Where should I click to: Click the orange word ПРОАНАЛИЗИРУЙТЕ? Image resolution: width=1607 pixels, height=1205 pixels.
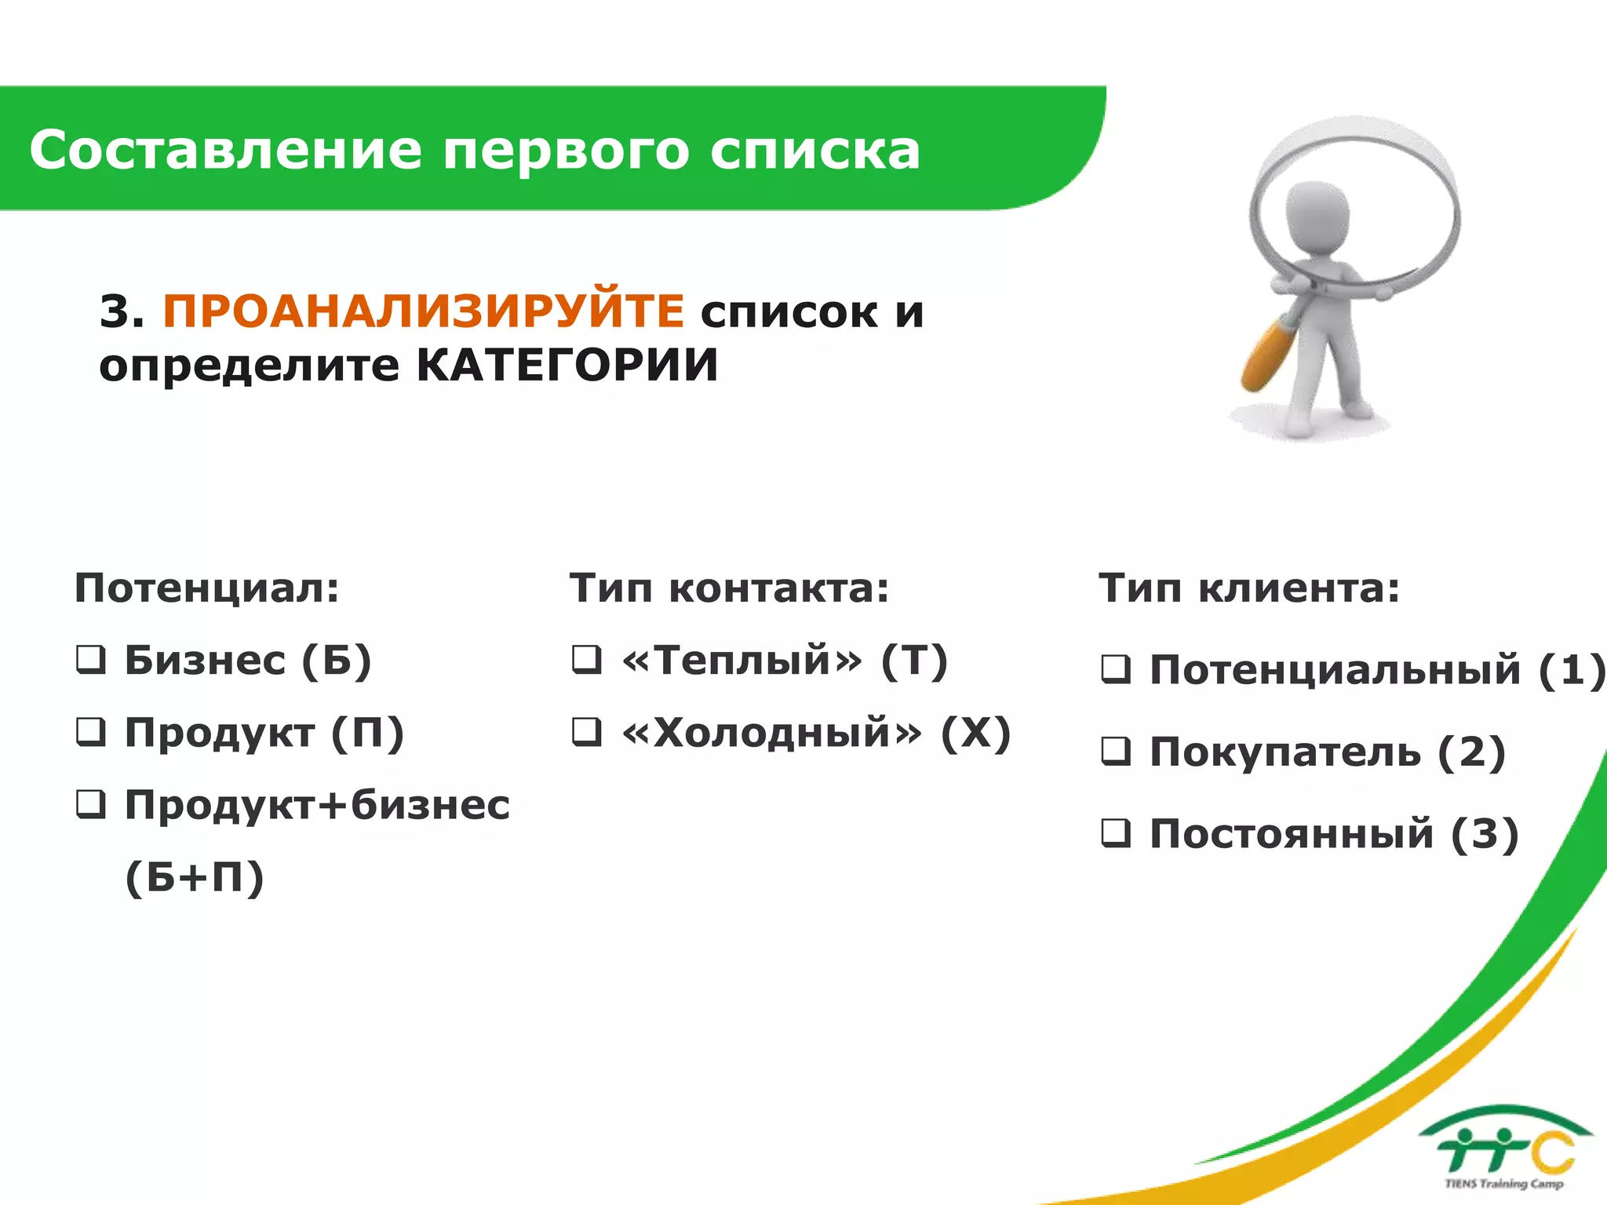tap(424, 311)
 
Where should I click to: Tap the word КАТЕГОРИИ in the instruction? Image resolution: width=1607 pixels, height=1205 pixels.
tap(567, 366)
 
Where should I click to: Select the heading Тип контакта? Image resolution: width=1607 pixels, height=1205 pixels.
tap(730, 588)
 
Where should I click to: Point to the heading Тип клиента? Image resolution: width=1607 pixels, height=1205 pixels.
tap(1249, 588)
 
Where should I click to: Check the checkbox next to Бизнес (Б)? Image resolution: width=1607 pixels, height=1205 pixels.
tap(91, 660)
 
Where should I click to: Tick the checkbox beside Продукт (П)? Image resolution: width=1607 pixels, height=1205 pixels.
tap(91, 732)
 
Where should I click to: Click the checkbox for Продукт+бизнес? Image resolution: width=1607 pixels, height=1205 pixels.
tap(91, 804)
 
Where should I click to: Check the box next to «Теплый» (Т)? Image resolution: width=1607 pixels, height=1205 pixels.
tap(587, 660)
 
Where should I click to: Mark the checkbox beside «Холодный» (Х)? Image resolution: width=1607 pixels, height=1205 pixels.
tap(587, 732)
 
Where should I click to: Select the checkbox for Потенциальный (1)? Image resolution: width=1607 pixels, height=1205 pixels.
tap(1116, 669)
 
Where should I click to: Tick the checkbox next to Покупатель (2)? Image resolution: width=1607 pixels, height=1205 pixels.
tap(1116, 752)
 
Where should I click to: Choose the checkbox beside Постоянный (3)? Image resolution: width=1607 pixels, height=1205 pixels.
tap(1116, 833)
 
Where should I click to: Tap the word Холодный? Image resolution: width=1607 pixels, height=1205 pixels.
tap(772, 733)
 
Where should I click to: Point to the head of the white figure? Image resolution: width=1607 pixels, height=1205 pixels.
tap(1317, 216)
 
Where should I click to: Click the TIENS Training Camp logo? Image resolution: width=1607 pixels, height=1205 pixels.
tap(1505, 1149)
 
